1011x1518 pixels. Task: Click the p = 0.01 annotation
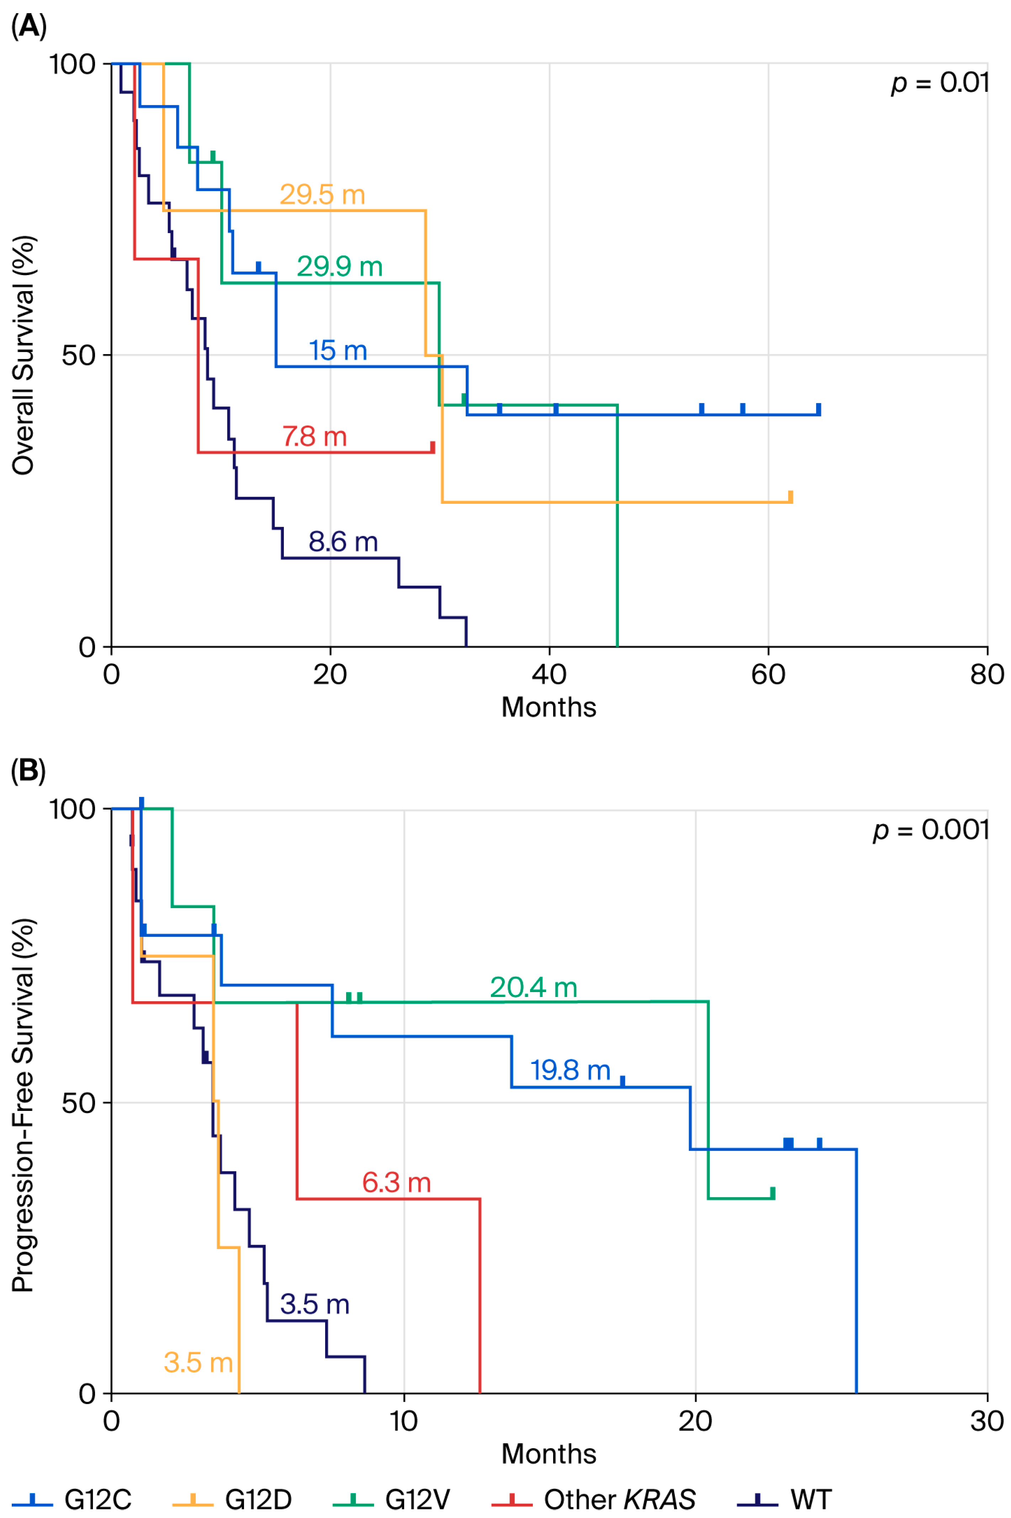939,83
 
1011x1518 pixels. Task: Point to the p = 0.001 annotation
930,830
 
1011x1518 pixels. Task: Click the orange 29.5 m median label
322,195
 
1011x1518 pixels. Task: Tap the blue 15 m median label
338,351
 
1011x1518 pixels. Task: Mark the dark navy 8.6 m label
343,542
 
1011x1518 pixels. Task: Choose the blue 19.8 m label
570,1070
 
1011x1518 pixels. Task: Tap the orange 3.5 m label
198,1362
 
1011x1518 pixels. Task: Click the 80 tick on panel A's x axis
986,675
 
